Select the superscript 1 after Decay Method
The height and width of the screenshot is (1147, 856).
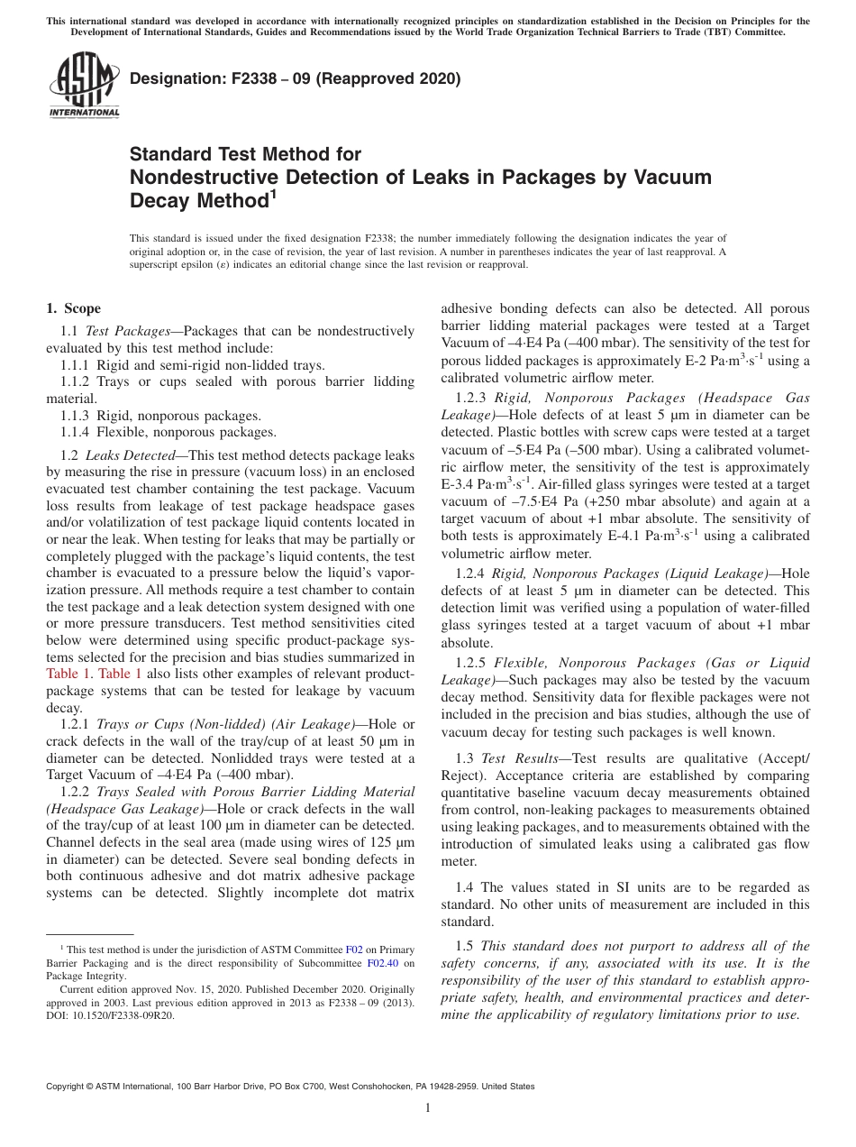[273, 195]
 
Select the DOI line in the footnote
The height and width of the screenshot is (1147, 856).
[111, 1014]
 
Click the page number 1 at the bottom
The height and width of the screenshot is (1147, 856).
[428, 1108]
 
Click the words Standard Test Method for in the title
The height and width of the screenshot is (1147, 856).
[245, 154]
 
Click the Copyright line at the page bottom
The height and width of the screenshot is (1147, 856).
[290, 1087]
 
